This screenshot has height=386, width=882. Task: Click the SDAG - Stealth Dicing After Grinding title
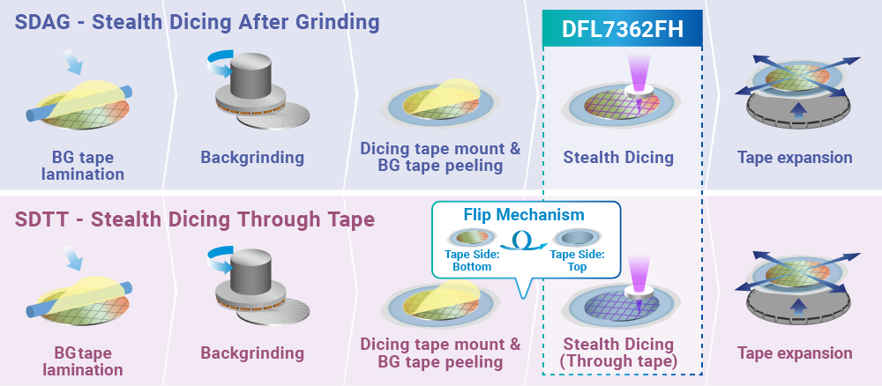[197, 21]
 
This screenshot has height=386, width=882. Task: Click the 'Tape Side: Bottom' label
[472, 260]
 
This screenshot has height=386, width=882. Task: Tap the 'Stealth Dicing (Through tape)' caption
[618, 353]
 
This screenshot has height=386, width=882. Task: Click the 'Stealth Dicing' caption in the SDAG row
[618, 159]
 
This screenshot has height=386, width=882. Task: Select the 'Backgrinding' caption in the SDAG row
[252, 159]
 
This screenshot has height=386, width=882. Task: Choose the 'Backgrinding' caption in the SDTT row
[252, 353]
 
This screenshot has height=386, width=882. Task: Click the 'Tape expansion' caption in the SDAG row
[795, 159]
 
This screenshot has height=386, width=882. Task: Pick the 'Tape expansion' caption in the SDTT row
[795, 353]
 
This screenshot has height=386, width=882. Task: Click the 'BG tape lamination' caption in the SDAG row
[82, 167]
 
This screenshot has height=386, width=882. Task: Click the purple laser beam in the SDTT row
[636, 270]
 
